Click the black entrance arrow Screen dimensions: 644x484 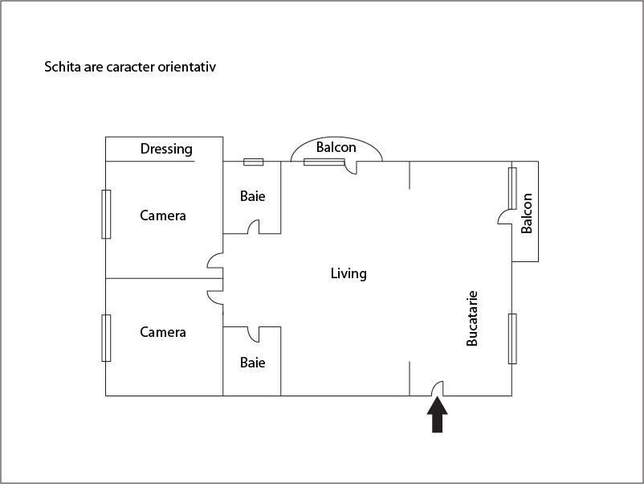pyautogui.click(x=437, y=416)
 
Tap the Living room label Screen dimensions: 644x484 pyautogui.click(x=348, y=273)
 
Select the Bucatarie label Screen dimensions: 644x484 pyautogui.click(x=472, y=318)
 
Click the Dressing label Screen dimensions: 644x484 pyautogui.click(x=166, y=149)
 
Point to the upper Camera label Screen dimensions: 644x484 pyautogui.click(x=163, y=215)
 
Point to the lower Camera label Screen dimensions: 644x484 pyautogui.click(x=163, y=332)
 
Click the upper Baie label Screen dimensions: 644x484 pyautogui.click(x=252, y=196)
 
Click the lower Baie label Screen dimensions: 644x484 pyautogui.click(x=252, y=363)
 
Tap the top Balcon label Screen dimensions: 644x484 pyautogui.click(x=336, y=147)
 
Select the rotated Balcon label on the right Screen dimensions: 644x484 pyautogui.click(x=527, y=213)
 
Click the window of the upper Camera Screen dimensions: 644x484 pyautogui.click(x=106, y=214)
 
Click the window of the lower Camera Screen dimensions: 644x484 pyautogui.click(x=106, y=338)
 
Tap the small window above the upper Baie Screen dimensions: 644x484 pyautogui.click(x=253, y=162)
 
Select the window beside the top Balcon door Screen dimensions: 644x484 pyautogui.click(x=324, y=162)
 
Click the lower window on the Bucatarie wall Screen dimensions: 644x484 pyautogui.click(x=512, y=338)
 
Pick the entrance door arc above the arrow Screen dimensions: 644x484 pyautogui.click(x=438, y=388)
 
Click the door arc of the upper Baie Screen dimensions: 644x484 pyautogui.click(x=253, y=228)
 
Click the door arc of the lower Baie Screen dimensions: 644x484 pyautogui.click(x=252, y=332)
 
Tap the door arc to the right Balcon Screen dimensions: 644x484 pyautogui.click(x=505, y=216)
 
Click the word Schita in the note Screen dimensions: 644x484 pyautogui.click(x=62, y=67)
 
